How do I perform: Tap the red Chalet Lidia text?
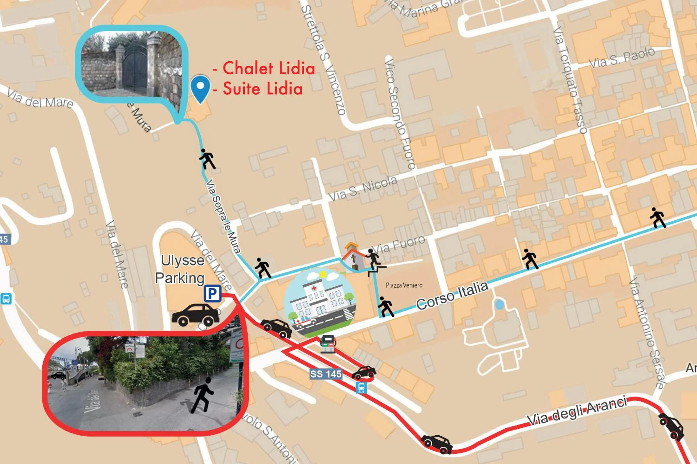pos(268,68)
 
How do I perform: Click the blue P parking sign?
pos(212,294)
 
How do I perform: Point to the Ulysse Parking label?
pos(180,269)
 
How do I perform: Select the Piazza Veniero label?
pos(404,285)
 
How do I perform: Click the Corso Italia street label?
pos(452,296)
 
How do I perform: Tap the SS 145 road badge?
pos(326,374)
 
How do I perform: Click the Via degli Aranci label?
pos(577,412)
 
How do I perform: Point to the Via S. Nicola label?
pos(363,188)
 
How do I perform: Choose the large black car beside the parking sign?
pos(196,315)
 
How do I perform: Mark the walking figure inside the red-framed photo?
pos(202,395)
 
